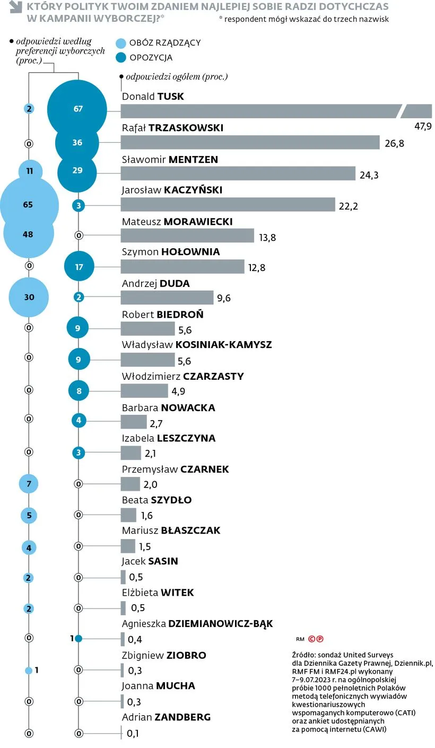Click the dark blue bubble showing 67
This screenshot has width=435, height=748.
point(78,109)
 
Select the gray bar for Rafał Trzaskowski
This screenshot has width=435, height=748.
point(250,142)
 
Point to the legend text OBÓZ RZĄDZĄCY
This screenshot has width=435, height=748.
point(165,43)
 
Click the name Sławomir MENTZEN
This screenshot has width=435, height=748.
point(170,159)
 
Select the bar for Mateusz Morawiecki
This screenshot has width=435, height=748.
point(187,236)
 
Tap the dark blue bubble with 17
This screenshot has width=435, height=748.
point(79,267)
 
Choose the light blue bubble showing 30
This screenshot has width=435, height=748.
point(29,297)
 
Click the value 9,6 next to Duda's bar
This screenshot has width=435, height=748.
point(224,298)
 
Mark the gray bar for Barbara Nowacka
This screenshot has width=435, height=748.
point(134,422)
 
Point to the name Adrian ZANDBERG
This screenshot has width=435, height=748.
point(166,717)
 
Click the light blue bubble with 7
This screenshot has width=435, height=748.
point(29,484)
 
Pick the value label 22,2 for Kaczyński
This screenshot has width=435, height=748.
point(348,206)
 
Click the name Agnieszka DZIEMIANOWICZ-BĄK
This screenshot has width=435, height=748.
point(197,624)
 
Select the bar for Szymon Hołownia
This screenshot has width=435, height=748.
point(182,267)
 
